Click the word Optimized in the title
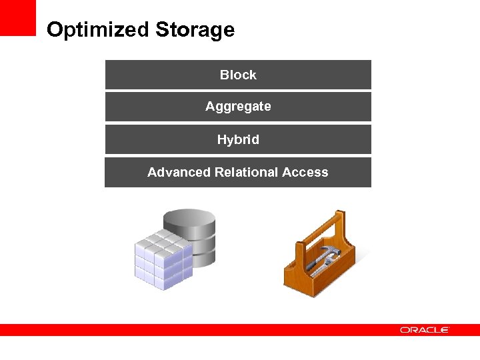98,30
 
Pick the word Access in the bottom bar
305,172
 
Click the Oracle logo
425,330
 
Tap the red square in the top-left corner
17,17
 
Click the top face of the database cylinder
189,218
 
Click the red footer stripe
200,330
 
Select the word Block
238,75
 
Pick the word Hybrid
238,140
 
